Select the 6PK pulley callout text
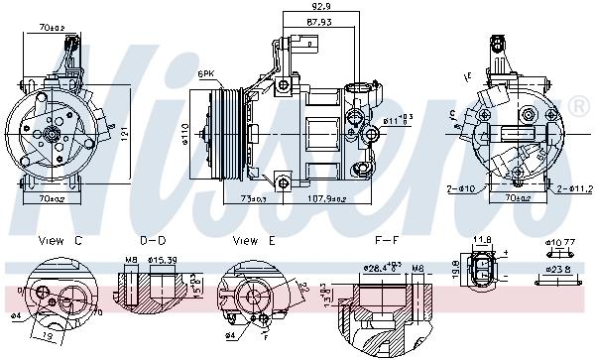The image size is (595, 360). [x=207, y=74]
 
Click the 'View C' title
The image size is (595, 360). [x=59, y=240]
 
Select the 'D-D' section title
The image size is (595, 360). [x=153, y=240]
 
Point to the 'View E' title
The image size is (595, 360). [x=254, y=240]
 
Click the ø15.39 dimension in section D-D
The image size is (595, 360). [x=161, y=261]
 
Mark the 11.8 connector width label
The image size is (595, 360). [x=483, y=239]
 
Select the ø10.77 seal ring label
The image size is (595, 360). [x=562, y=241]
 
